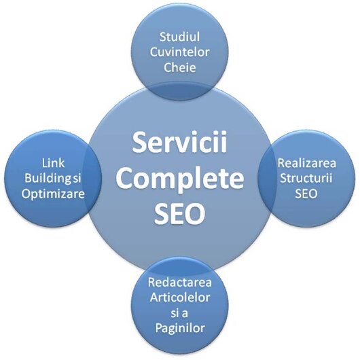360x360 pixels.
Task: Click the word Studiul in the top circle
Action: point(179,37)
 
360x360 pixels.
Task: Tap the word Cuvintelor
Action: point(179,52)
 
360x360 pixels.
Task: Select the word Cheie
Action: point(179,67)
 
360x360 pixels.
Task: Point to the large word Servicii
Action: point(179,143)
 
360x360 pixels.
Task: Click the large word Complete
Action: point(179,178)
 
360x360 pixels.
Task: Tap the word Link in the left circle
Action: point(53,163)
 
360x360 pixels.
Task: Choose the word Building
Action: point(48,179)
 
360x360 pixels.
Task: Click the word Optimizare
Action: point(53,194)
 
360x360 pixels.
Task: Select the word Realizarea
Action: point(307,163)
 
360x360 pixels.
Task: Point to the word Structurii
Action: point(306,178)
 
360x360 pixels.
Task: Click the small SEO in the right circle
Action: point(306,194)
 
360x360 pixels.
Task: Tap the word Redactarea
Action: point(179,282)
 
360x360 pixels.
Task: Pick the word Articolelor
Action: point(179,298)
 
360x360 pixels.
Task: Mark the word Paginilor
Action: point(180,328)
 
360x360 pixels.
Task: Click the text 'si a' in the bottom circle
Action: point(179,313)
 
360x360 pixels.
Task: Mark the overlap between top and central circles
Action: point(179,92)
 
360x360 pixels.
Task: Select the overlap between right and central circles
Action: point(266,179)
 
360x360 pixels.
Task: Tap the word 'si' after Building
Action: point(77,179)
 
